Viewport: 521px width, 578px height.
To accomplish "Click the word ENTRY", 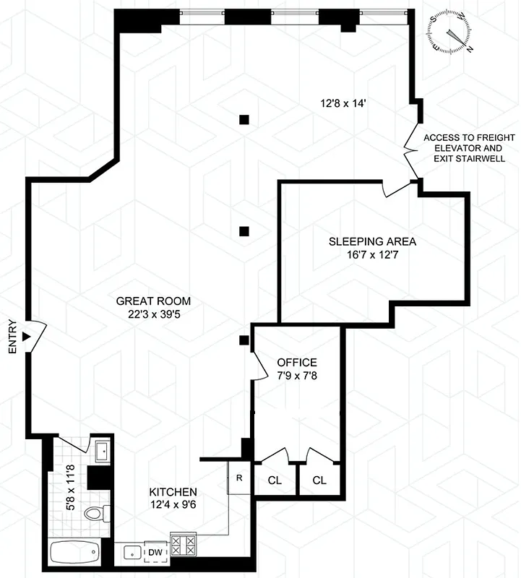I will click(x=12, y=337).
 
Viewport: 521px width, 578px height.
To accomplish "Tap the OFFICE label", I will click(x=297, y=361).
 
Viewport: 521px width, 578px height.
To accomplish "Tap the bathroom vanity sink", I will click(x=100, y=450).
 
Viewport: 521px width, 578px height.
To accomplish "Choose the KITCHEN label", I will click(x=174, y=491).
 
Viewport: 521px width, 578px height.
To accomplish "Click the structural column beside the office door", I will click(x=245, y=340).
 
